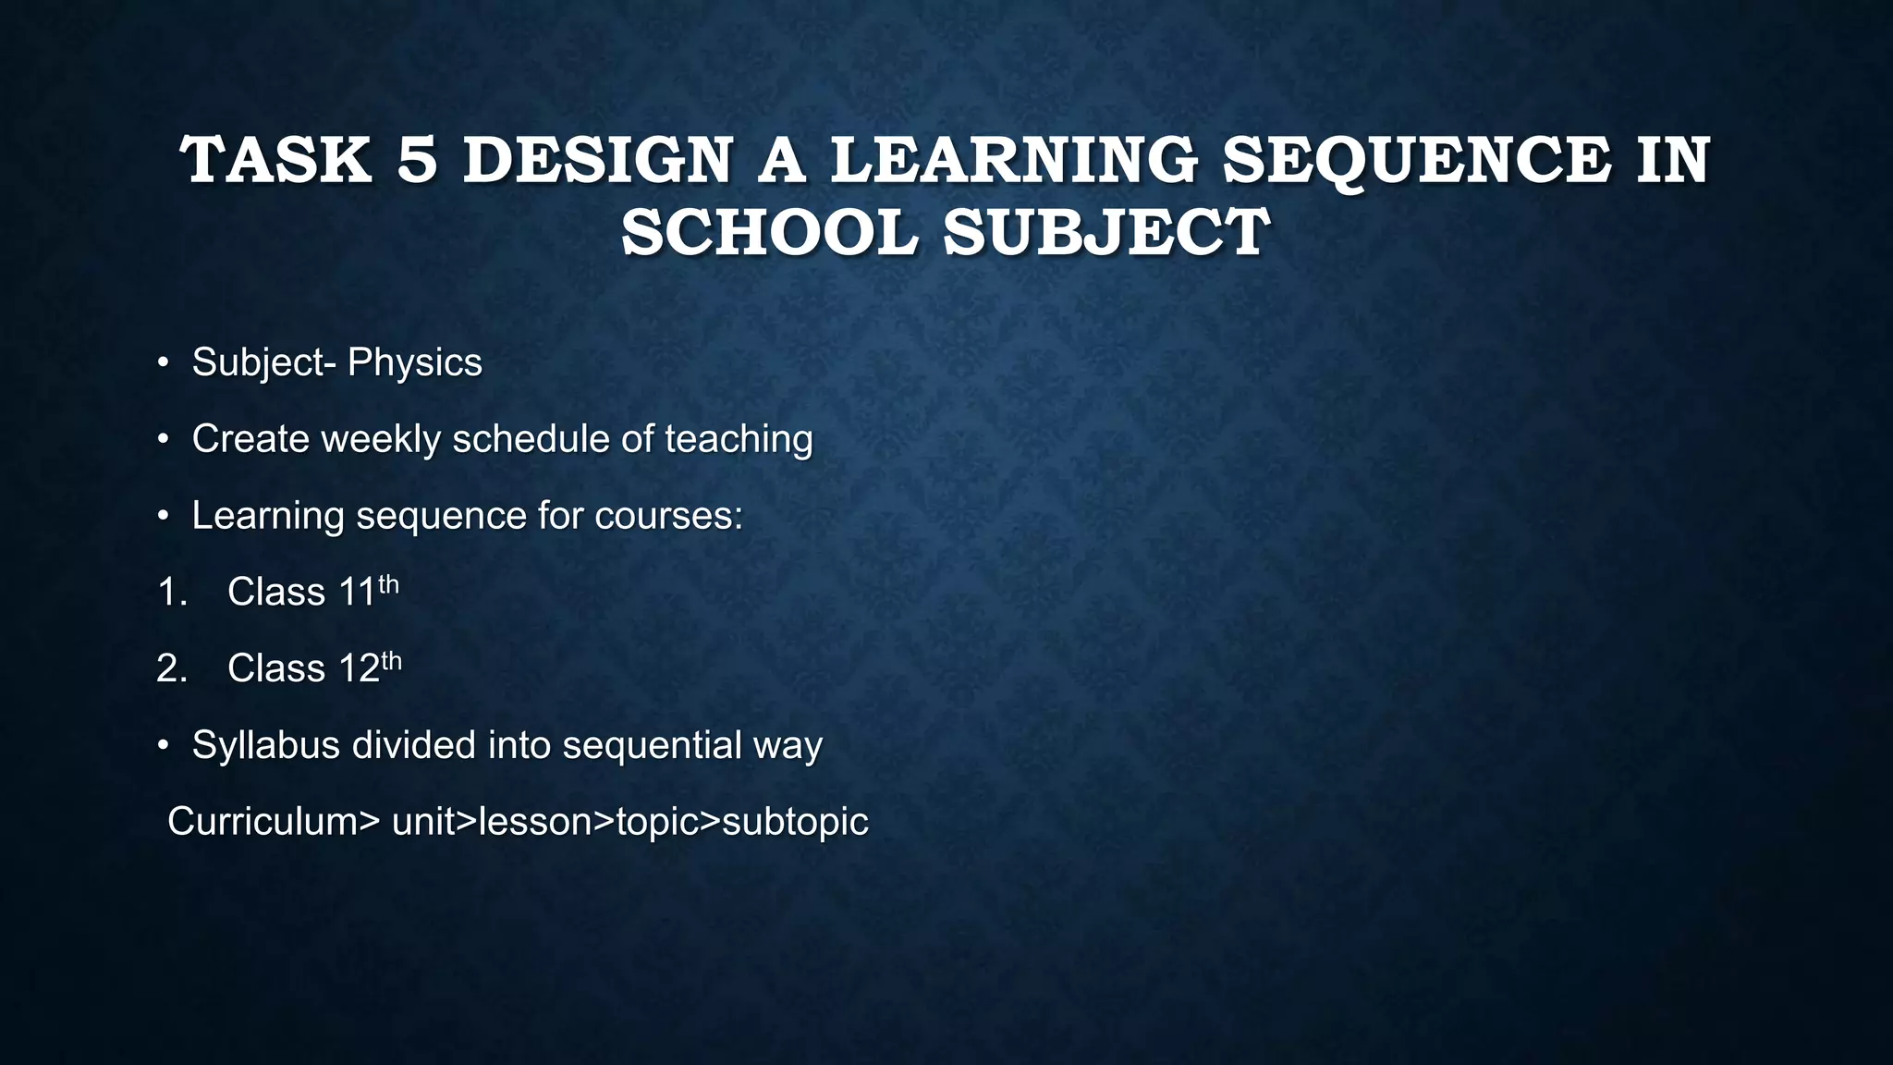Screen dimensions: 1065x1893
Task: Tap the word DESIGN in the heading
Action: coord(598,160)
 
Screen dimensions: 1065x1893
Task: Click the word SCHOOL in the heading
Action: coord(770,232)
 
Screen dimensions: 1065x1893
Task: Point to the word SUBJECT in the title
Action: coord(1106,232)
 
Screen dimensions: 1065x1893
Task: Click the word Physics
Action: coord(415,362)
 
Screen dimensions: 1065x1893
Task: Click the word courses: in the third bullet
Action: coord(668,516)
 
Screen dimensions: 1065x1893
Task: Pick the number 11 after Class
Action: coord(357,593)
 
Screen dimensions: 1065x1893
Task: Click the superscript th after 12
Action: coord(392,661)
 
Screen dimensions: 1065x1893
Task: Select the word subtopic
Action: coord(795,822)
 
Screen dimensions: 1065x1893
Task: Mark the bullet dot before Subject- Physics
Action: coord(163,362)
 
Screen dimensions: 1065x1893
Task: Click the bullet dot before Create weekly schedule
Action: coord(163,439)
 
